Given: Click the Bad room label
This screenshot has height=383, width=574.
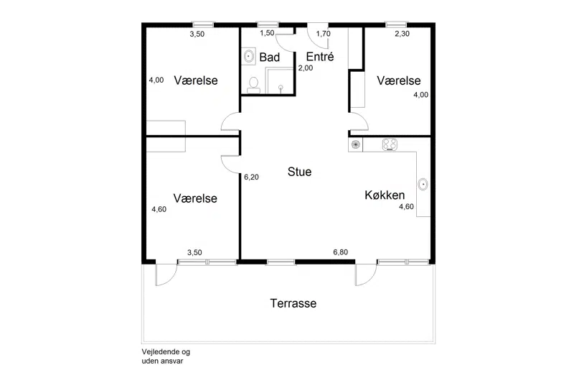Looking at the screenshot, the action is click(x=270, y=57).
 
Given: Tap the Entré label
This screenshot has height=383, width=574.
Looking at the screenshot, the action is click(x=320, y=57).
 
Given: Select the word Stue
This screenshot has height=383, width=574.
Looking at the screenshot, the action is click(x=299, y=172).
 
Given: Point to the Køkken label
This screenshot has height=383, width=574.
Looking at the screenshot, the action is click(x=385, y=195).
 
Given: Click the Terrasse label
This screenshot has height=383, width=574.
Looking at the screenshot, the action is click(x=293, y=303).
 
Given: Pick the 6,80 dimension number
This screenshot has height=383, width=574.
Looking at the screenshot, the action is click(x=340, y=252).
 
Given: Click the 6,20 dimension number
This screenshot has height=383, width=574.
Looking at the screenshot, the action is click(x=252, y=177).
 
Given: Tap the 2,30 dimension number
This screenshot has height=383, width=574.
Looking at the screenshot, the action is click(x=402, y=34).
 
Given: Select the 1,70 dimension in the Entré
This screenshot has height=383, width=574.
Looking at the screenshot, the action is click(x=324, y=34).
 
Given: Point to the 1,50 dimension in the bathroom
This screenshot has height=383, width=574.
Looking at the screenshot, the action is click(x=267, y=33).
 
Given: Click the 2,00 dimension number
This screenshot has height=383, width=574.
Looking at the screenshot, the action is click(x=306, y=68).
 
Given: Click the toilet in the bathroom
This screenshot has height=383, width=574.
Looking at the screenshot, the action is click(x=253, y=85).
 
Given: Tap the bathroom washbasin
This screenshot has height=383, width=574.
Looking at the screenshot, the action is click(x=249, y=57).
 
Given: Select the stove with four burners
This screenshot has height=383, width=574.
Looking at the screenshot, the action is click(x=390, y=144).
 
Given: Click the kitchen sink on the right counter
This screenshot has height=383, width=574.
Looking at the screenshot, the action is click(x=423, y=184).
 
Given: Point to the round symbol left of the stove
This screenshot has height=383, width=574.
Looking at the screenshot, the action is click(x=355, y=144).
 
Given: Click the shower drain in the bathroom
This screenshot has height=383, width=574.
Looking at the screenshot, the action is click(x=281, y=87).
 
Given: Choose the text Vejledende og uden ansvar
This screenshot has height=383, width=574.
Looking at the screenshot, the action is click(x=166, y=356).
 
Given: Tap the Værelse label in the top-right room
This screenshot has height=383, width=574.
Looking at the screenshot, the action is click(x=399, y=80).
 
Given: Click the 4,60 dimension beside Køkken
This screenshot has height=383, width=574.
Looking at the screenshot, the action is click(x=406, y=207).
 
